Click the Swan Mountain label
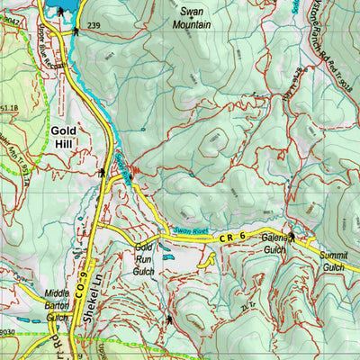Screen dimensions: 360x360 196,19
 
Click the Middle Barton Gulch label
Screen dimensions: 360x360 57,301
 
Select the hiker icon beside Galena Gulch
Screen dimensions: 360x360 291,236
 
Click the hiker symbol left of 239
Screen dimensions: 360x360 78,30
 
